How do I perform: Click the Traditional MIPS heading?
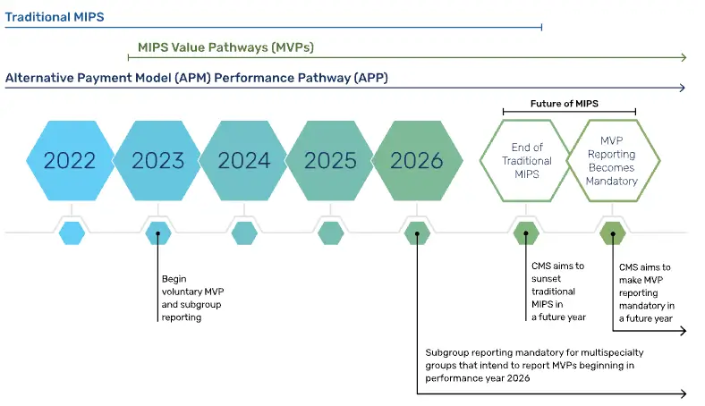pyautogui.click(x=55, y=17)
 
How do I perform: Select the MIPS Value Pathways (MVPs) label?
pyautogui.click(x=225, y=47)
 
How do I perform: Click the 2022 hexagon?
pyautogui.click(x=70, y=160)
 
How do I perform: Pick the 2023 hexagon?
pyautogui.click(x=157, y=160)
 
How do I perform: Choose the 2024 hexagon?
pyautogui.click(x=243, y=160)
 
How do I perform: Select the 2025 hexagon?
pyautogui.click(x=329, y=160)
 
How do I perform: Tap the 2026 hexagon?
pyautogui.click(x=417, y=160)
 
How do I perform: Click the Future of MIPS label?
pyautogui.click(x=565, y=104)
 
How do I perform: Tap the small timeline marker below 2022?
pyautogui.click(x=72, y=233)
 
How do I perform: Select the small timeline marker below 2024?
pyautogui.click(x=244, y=233)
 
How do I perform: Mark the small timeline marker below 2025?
pyautogui.click(x=330, y=233)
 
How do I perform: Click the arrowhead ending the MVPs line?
pyautogui.click(x=684, y=57)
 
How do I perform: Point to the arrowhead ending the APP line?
pyautogui.click(x=682, y=88)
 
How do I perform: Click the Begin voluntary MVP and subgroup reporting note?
pyautogui.click(x=192, y=298)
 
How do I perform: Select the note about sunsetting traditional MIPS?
pyautogui.click(x=558, y=292)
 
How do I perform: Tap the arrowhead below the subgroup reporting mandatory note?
pyautogui.click(x=684, y=393)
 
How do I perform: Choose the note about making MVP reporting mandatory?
pyautogui.click(x=647, y=292)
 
